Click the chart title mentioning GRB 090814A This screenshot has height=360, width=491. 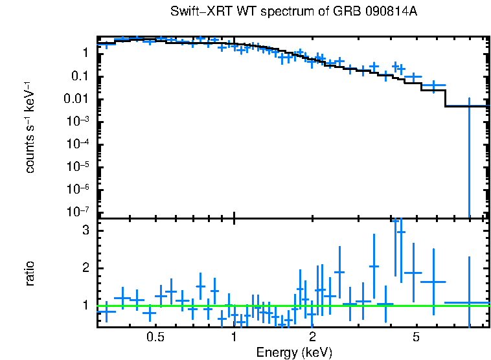(294, 13)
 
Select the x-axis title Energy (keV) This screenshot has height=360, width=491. (294, 352)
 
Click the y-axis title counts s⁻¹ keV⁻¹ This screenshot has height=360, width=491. (30, 128)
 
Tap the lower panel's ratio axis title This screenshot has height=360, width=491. (30, 273)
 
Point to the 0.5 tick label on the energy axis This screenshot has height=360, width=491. (155, 337)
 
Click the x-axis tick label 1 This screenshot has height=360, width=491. (234, 337)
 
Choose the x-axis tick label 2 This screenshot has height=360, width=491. (312, 337)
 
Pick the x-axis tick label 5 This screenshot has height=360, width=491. (417, 337)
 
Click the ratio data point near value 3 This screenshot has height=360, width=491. (401, 232)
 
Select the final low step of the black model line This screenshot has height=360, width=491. (466, 106)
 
